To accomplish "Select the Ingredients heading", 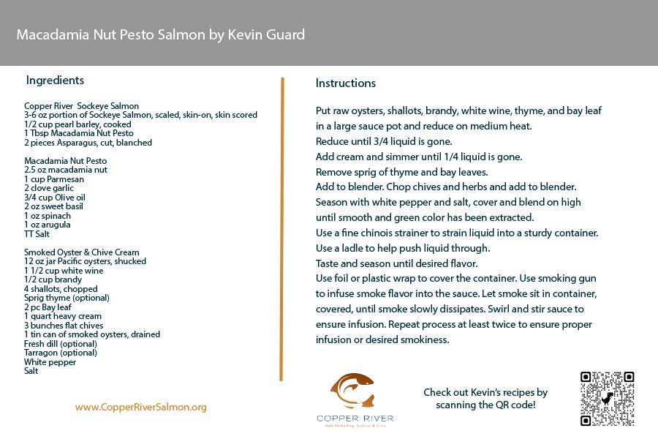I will coord(55,80).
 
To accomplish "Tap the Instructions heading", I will coord(346,83).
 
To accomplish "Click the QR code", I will coord(607,399).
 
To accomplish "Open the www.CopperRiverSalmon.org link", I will coord(141,407).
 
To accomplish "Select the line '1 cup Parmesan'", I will coord(54,179).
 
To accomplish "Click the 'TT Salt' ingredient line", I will coord(37,234).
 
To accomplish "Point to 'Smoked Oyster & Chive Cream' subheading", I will coord(82,252).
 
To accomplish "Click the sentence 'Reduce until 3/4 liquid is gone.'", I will coord(385,141).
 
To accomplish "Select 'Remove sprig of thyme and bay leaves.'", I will coord(401,172).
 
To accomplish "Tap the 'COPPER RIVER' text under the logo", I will coord(355,419).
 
